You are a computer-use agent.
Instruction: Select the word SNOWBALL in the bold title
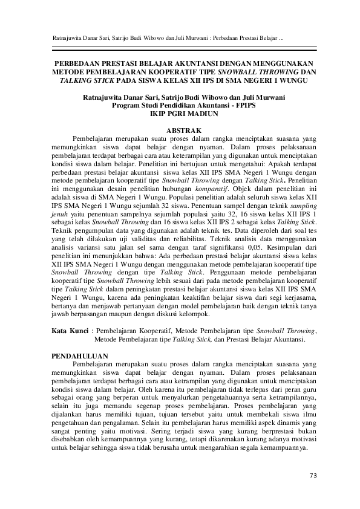point(229,71)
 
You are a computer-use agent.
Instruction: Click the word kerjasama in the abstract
point(299,299)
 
